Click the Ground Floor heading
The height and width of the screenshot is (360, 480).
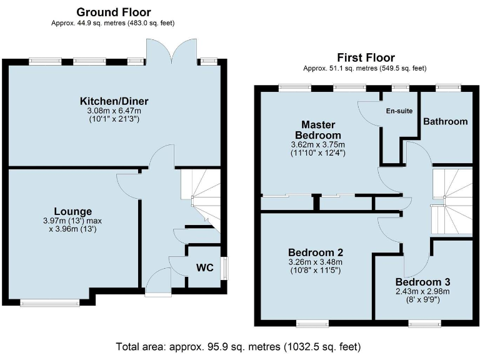pos(113,12)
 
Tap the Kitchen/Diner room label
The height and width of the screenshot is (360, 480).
pos(114,101)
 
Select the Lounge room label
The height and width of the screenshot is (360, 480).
pos(73,211)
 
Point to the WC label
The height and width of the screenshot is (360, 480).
pos(205,268)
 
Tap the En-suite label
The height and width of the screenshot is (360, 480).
pos(399,111)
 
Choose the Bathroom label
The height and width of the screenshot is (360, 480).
pos(445,121)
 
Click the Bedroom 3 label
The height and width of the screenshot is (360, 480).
pos(422,282)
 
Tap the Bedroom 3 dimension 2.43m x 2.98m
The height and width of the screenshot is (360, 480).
pos(422,291)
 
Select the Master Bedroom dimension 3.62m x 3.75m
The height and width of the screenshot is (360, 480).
pos(318,144)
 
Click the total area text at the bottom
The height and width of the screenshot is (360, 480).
pos(239,346)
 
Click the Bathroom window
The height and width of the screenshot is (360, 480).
pos(445,88)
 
